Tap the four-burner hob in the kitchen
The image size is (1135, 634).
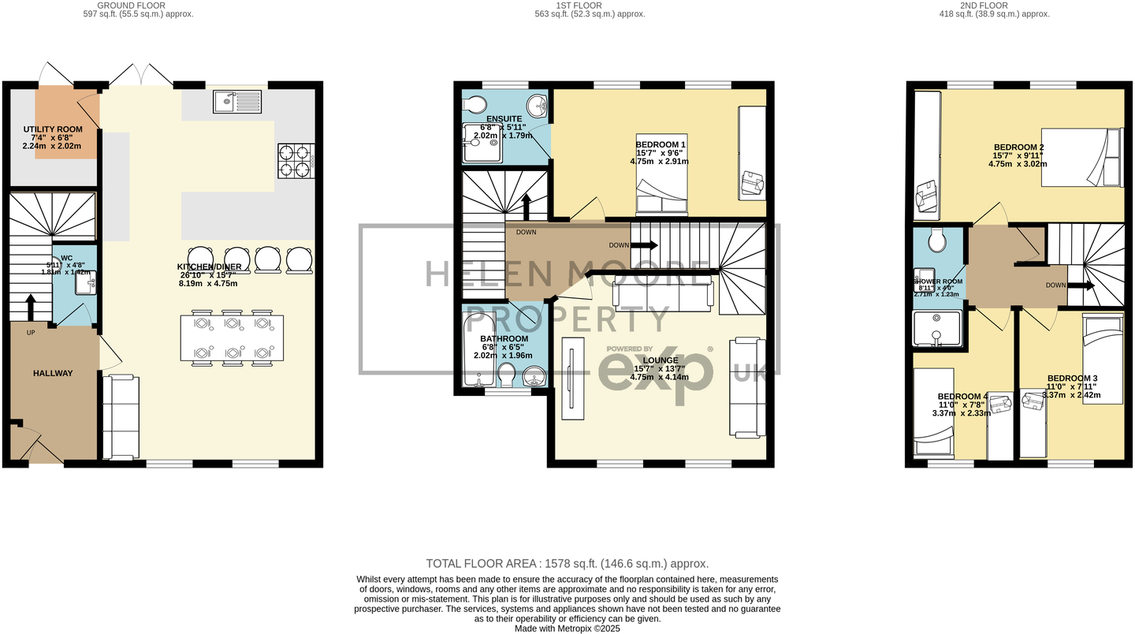[296, 161]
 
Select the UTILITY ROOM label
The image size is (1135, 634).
[53, 129]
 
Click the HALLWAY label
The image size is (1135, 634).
[53, 373]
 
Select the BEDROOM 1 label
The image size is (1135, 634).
[661, 144]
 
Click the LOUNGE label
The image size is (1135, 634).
[661, 360]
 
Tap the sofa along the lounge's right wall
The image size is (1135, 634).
[747, 386]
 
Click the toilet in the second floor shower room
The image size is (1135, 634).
[937, 240]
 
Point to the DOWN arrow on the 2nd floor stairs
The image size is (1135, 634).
[1087, 285]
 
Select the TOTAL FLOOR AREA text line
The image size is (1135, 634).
[567, 563]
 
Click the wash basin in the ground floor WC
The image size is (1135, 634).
[86, 282]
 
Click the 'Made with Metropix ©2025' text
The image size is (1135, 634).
[567, 628]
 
